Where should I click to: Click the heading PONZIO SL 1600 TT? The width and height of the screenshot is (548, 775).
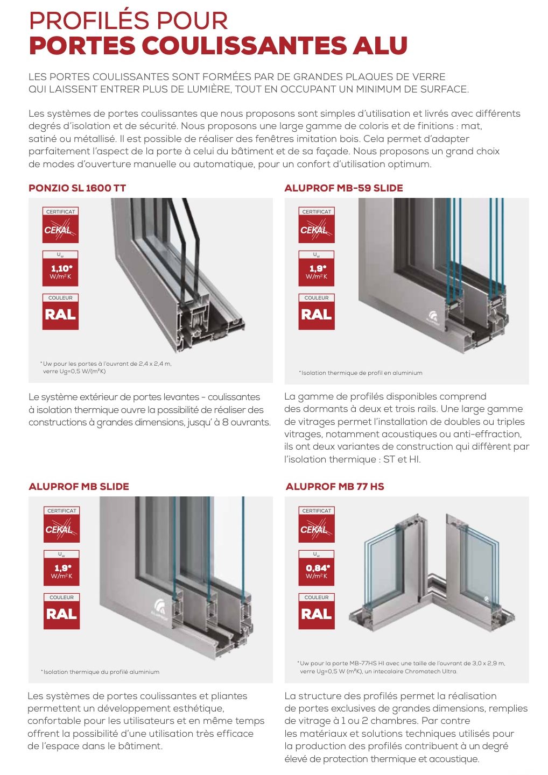pos(77,188)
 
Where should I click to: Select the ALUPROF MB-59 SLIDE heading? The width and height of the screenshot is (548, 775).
pos(343,188)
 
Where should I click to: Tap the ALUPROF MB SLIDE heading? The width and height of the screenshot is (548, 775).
pos(79,487)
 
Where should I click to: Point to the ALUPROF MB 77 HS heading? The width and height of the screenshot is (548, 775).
pos(335,487)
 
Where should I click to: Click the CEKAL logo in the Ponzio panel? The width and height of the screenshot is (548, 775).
pos(60,230)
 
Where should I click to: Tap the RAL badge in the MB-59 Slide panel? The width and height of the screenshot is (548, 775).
pos(317,315)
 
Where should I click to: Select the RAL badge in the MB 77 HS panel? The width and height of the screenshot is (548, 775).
pos(317,614)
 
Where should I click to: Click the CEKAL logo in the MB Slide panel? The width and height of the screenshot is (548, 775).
pos(61,529)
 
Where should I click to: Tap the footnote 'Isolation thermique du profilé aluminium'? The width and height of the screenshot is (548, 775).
pos(100,672)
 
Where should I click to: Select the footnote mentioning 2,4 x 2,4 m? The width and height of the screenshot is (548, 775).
pos(106,367)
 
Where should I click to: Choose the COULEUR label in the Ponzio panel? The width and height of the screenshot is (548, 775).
pos(60,298)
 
